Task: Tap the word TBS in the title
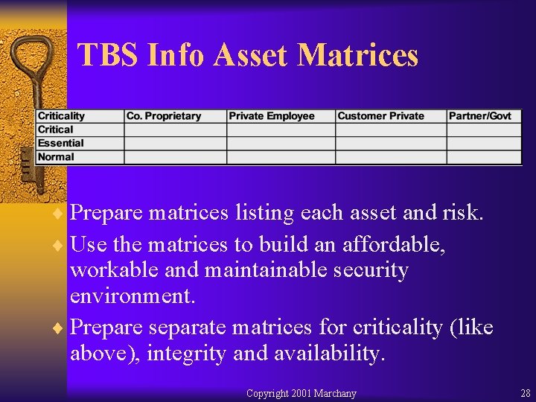coord(109,55)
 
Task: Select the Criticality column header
coord(62,116)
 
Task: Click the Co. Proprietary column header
coord(164,116)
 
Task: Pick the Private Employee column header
coord(272,116)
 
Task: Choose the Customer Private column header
coord(380,116)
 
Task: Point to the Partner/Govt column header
coord(479,116)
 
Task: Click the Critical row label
coord(56,130)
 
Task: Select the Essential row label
coord(60,143)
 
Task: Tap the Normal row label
coord(56,156)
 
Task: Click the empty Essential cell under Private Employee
coord(281,143)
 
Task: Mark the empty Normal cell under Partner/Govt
coord(484,156)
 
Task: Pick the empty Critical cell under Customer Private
coord(390,130)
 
